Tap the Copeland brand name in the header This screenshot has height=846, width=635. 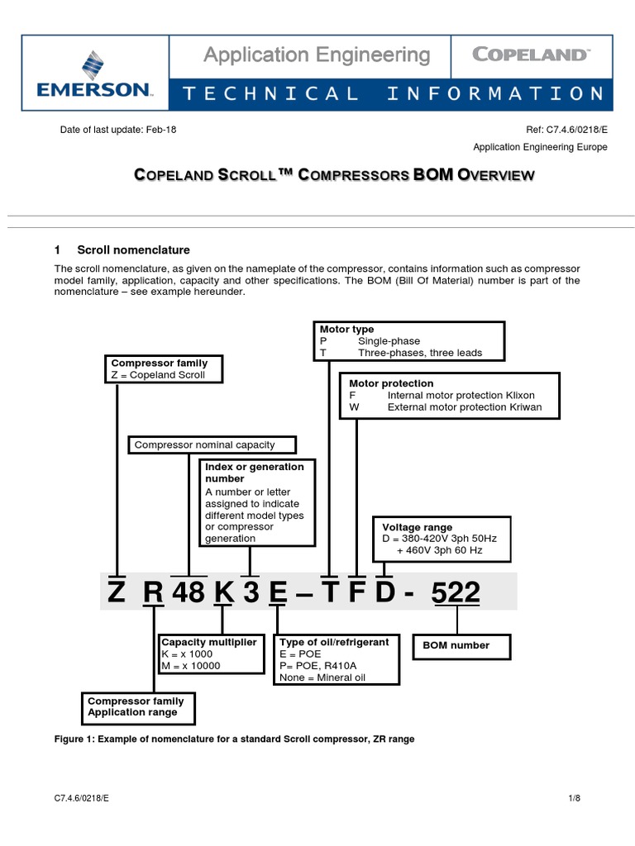530,55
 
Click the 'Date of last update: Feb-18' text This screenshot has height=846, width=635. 118,130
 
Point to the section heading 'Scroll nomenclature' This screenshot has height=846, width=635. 133,250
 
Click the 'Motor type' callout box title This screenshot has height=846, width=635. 346,330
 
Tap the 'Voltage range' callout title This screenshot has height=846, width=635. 417,527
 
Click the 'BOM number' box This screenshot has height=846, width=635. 456,645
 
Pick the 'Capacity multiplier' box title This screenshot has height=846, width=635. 208,642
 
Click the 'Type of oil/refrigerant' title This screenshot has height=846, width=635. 334,642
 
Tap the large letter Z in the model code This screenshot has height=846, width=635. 117,593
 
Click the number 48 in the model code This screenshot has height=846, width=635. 189,593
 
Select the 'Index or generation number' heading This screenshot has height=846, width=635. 255,473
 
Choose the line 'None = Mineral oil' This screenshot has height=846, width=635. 322,677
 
